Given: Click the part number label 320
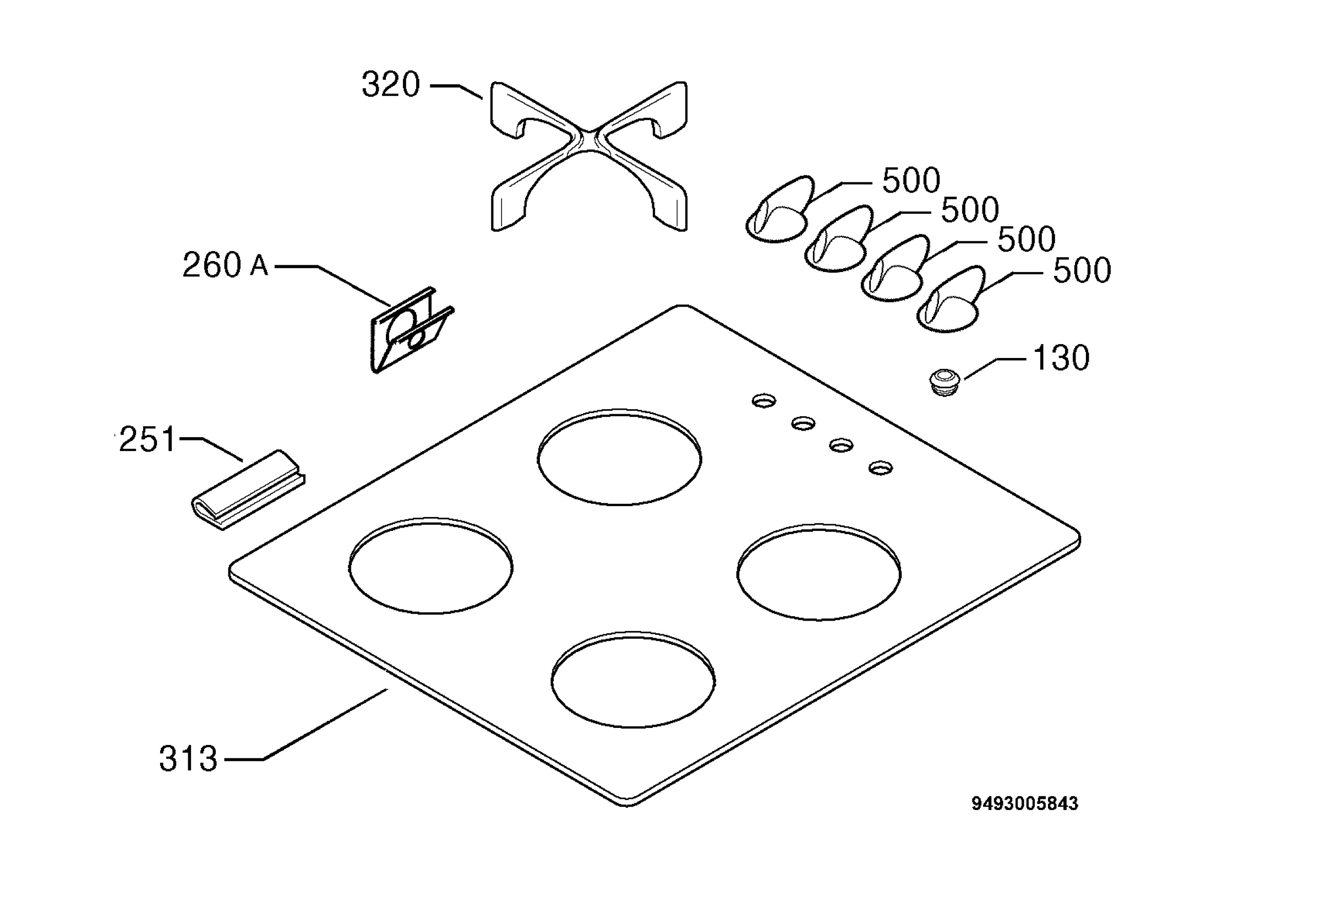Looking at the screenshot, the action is (x=391, y=85).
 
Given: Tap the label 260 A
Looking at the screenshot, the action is (x=225, y=265).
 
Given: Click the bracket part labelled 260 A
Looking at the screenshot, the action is (x=411, y=330).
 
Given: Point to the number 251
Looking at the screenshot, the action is (x=147, y=440).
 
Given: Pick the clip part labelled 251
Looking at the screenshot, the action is (x=248, y=490).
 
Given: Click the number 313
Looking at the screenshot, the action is (x=188, y=759).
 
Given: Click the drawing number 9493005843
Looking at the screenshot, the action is (x=1025, y=803).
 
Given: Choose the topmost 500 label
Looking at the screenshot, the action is (x=911, y=180).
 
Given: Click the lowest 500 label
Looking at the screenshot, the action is (x=1082, y=270).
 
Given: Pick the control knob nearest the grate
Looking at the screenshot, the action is (x=779, y=210).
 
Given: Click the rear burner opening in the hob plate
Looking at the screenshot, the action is (x=620, y=458).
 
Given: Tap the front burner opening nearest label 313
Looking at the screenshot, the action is (x=633, y=680).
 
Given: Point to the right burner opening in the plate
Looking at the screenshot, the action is (x=818, y=572).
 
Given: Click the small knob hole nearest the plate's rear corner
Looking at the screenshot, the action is (x=764, y=401).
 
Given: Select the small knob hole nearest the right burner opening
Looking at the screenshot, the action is (x=881, y=468).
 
